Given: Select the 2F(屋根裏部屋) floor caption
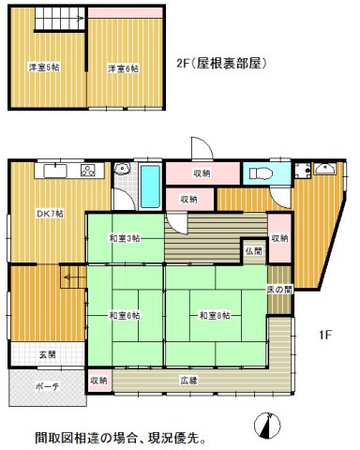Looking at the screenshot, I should pyautogui.click(x=224, y=65).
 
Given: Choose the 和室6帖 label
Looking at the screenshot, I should pyautogui.click(x=124, y=315).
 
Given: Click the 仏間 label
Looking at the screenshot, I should pyautogui.click(x=254, y=252).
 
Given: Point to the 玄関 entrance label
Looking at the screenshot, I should pyautogui.click(x=46, y=353).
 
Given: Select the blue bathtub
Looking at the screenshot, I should pyautogui.click(x=151, y=185).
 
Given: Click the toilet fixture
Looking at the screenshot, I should pyautogui.click(x=261, y=173).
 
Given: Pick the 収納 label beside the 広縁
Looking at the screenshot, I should pyautogui.click(x=98, y=381).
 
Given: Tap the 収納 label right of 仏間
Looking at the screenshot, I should pyautogui.click(x=279, y=238).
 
